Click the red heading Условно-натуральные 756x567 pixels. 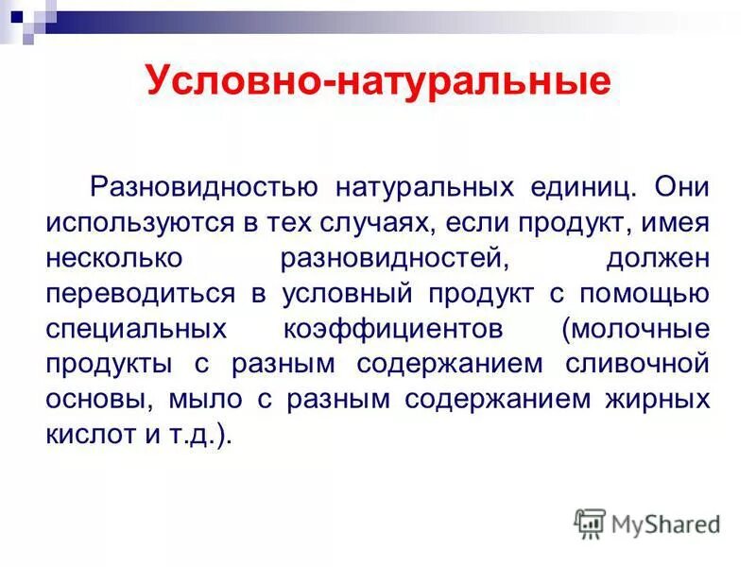coord(378,82)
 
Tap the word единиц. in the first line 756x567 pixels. coord(566,187)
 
